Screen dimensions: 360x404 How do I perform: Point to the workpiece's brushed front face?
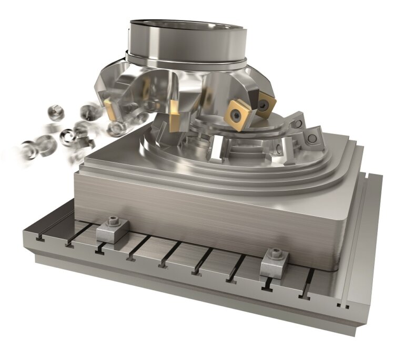point(210,215)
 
